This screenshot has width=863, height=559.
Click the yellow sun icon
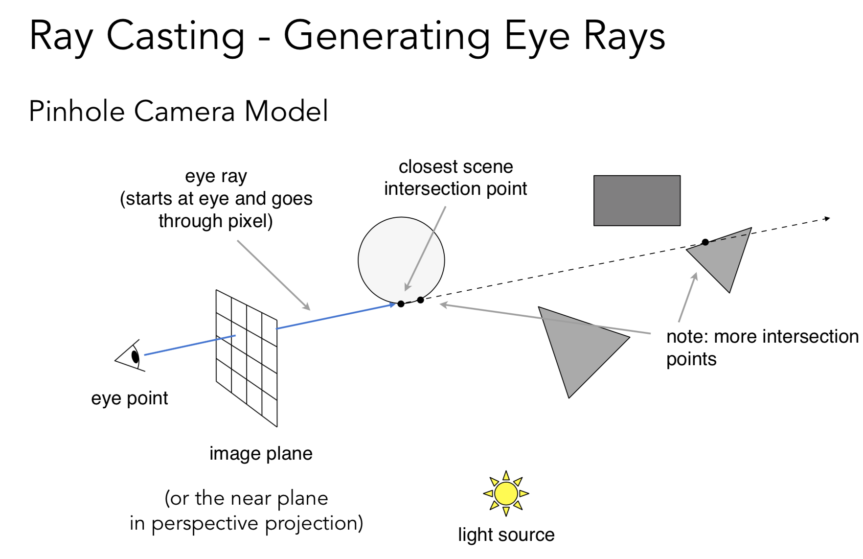coord(506,493)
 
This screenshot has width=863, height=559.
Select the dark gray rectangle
coord(636,201)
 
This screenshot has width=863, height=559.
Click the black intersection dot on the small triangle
coord(705,242)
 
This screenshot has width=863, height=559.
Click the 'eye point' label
coord(129,398)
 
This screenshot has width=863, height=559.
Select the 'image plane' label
coord(261,454)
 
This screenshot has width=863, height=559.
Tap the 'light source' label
coord(506,535)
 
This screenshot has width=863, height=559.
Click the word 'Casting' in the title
coord(176,36)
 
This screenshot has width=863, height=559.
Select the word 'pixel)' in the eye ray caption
coord(250,221)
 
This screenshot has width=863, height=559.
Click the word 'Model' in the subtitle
coord(286,111)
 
